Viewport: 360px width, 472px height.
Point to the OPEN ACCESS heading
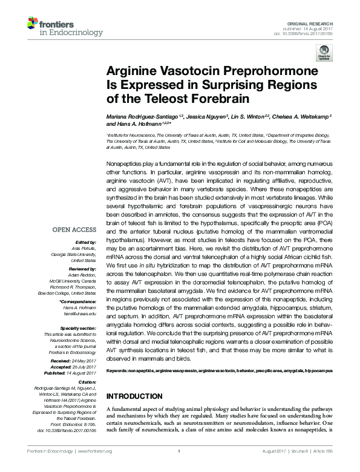[74, 229]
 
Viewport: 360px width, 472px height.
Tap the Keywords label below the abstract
[119, 369]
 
